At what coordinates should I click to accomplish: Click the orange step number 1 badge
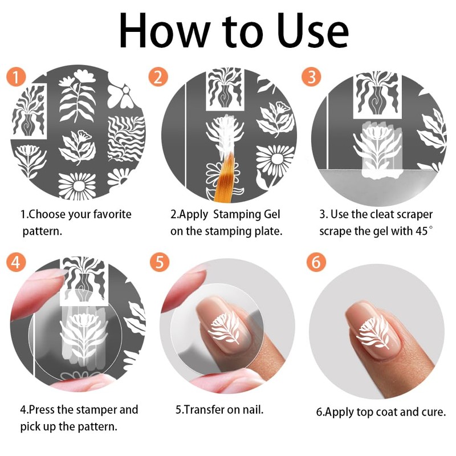pos(16,77)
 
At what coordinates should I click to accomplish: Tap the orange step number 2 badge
pos(158,77)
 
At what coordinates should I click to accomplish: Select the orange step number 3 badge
pos(311,77)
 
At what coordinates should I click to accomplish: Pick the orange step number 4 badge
pos(16,262)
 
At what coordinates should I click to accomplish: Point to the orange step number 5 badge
pos(160,262)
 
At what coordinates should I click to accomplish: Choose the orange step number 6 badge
pos(316,262)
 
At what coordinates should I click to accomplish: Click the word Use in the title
pos(312,31)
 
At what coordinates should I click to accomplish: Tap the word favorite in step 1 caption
pos(112,214)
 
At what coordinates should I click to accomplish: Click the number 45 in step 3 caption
pos(422,231)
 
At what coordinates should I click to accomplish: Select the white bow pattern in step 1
pos(121,96)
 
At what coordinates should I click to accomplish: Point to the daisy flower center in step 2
pos(276,159)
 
